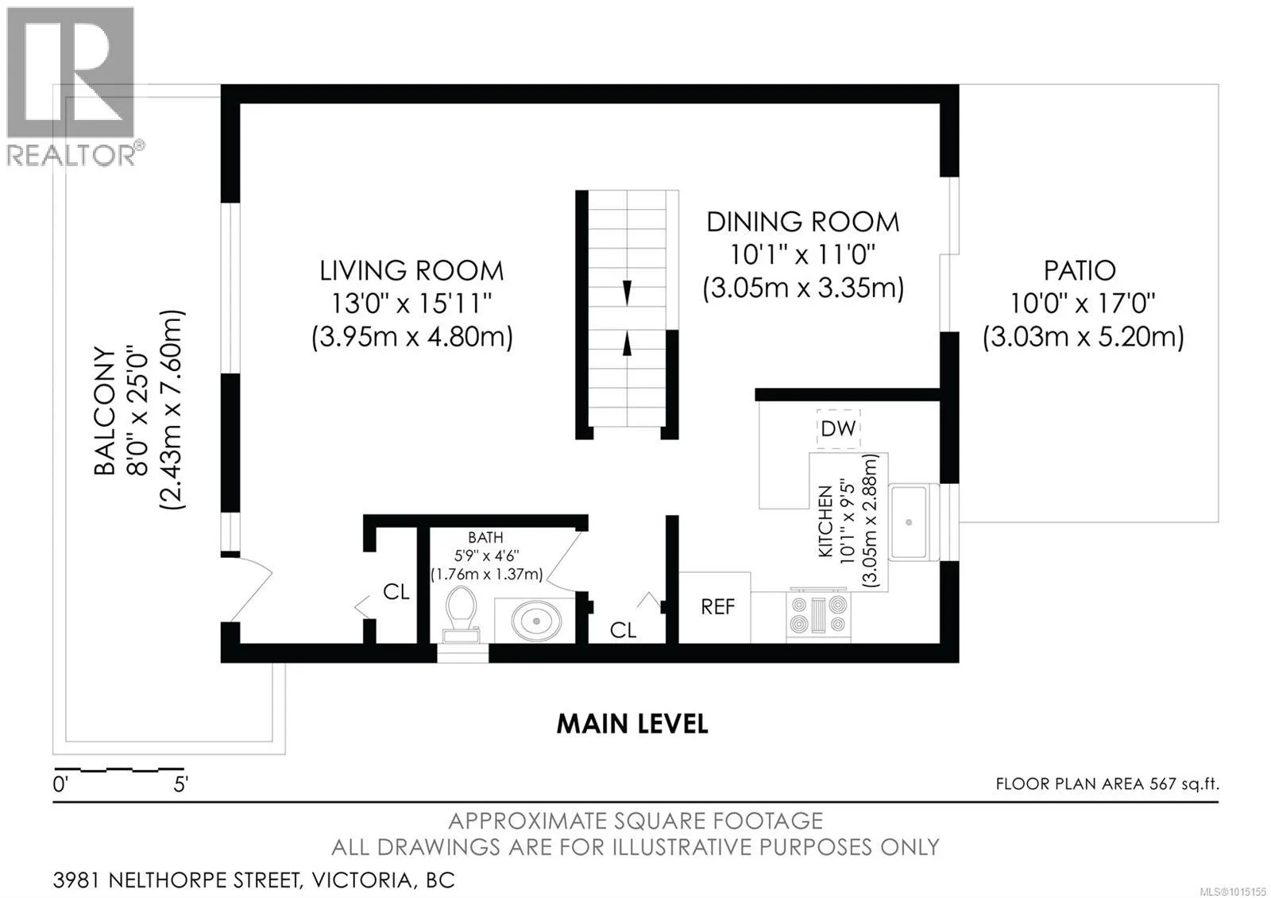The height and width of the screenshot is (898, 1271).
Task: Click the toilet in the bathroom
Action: [x=461, y=614]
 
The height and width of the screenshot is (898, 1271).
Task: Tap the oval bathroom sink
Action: [x=536, y=620]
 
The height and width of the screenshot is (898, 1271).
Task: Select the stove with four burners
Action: [x=817, y=615]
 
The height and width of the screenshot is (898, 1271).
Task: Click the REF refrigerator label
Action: [x=718, y=607]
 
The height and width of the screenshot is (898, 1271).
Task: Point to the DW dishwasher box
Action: [x=838, y=429]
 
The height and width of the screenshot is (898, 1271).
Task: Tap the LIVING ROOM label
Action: [x=411, y=271]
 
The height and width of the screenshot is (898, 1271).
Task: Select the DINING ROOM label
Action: [x=802, y=222]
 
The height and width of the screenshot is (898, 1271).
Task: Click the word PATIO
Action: [x=1080, y=271]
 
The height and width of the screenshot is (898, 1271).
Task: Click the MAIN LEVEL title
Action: [x=632, y=724]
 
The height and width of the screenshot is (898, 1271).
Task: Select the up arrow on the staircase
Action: [x=627, y=344]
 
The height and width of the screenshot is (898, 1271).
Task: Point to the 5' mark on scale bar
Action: [x=180, y=784]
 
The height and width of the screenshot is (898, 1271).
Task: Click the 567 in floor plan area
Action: [x=1163, y=784]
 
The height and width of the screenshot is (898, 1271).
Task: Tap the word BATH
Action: [x=485, y=537]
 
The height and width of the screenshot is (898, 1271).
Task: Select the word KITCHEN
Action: [x=825, y=521]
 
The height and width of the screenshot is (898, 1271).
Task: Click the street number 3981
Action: [x=77, y=881]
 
